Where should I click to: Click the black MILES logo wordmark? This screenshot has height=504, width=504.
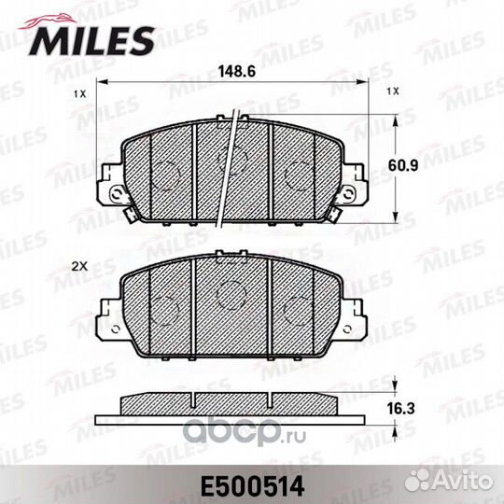[x=91, y=41]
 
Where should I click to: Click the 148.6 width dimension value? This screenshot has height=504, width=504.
[x=237, y=71]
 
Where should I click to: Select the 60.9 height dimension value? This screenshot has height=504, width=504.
[x=403, y=165]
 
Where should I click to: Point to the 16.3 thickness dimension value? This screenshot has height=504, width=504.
[x=400, y=409]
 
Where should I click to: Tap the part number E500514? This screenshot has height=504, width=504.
[x=252, y=486]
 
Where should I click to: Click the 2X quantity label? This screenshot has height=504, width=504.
[x=79, y=266]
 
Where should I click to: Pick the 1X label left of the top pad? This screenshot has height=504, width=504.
[x=80, y=94]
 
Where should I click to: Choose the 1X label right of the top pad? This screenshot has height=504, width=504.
[x=393, y=91]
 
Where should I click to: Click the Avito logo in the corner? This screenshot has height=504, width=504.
[x=449, y=482]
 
